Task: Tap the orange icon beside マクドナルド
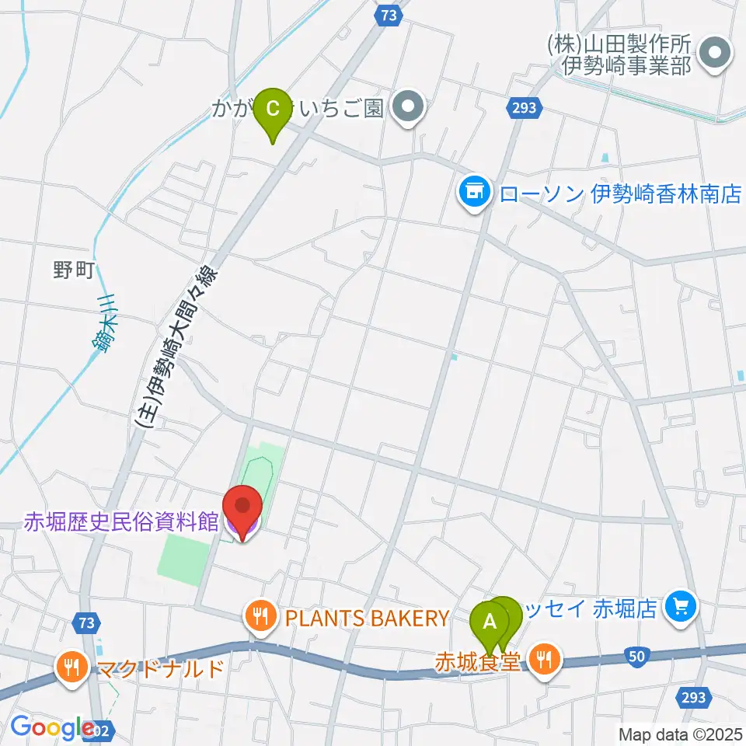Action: tap(72, 667)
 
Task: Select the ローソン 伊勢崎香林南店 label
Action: tap(620, 193)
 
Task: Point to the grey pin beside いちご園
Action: tap(408, 107)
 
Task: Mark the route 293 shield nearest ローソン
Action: tap(525, 107)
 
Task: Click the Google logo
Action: tap(53, 727)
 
